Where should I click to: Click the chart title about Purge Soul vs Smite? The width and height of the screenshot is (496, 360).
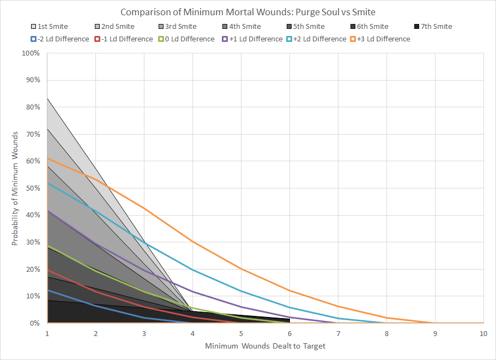247,11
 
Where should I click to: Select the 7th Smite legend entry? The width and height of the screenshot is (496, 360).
434,26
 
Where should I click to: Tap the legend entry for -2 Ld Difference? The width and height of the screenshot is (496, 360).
61,39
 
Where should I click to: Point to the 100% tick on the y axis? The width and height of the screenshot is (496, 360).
31,53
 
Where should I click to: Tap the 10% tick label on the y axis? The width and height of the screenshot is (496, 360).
32,296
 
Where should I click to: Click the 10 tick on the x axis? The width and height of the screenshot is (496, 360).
483,333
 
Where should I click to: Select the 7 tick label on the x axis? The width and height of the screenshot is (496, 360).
338,333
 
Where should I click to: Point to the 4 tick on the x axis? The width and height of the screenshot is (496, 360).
192,333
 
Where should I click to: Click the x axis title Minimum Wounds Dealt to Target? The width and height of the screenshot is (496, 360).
265,346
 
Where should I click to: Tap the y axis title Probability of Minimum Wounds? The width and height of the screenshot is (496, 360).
15,188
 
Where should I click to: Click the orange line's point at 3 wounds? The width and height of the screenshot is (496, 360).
144,208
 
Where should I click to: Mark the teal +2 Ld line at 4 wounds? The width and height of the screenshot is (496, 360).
192,270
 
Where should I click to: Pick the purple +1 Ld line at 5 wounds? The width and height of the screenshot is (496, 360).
241,307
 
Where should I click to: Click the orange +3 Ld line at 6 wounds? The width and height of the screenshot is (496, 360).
289,290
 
